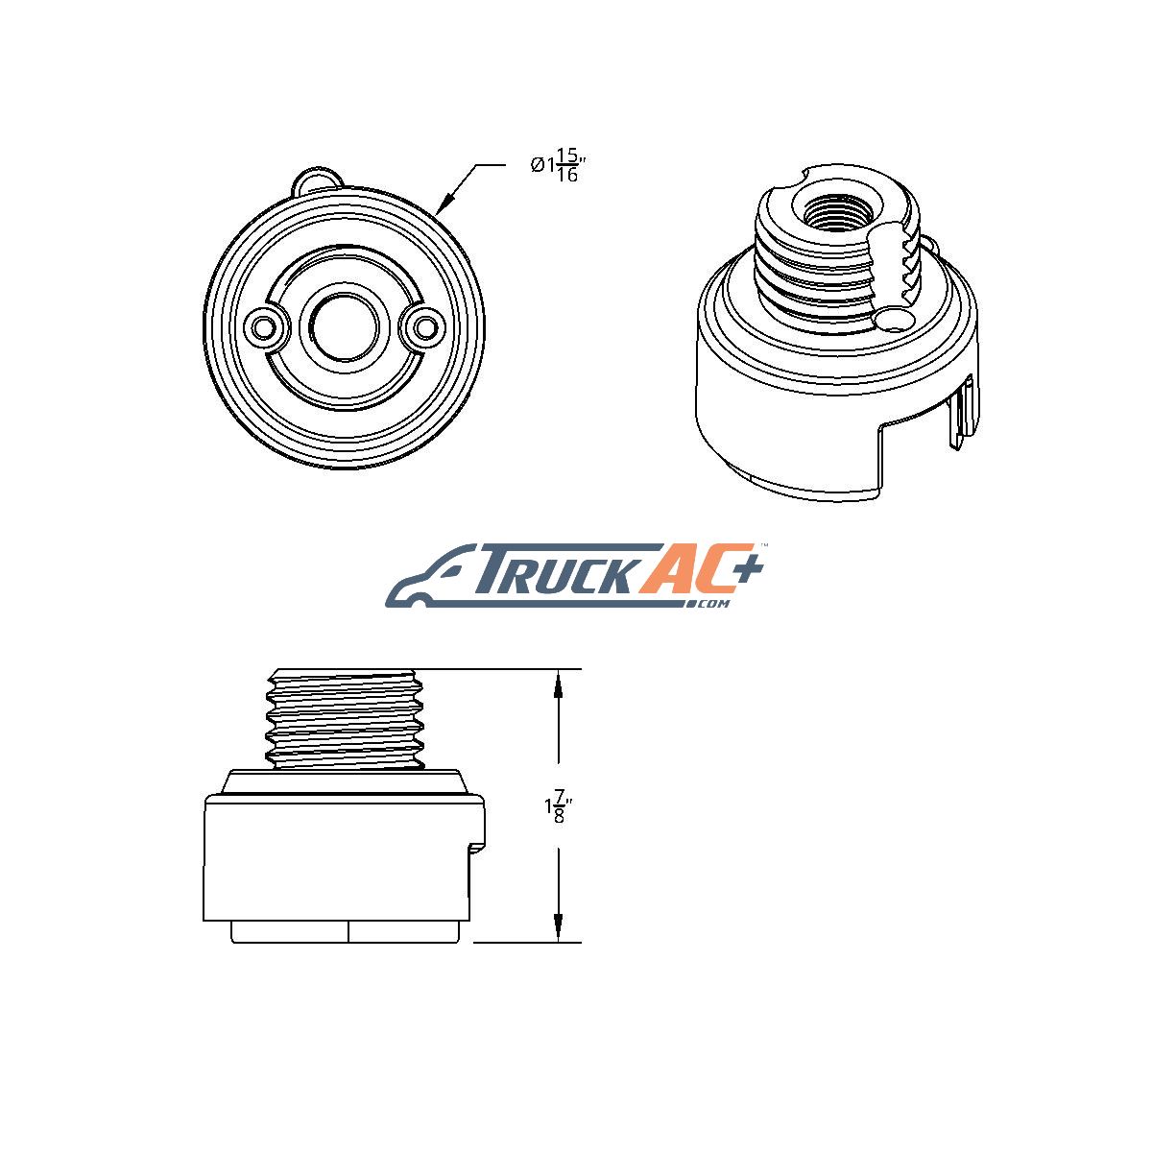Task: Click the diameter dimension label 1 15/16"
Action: (556, 165)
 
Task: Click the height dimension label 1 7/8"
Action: (557, 806)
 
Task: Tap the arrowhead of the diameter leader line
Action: (444, 204)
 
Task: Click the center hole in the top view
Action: (345, 326)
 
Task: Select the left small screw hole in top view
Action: (262, 327)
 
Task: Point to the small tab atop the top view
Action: (318, 180)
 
